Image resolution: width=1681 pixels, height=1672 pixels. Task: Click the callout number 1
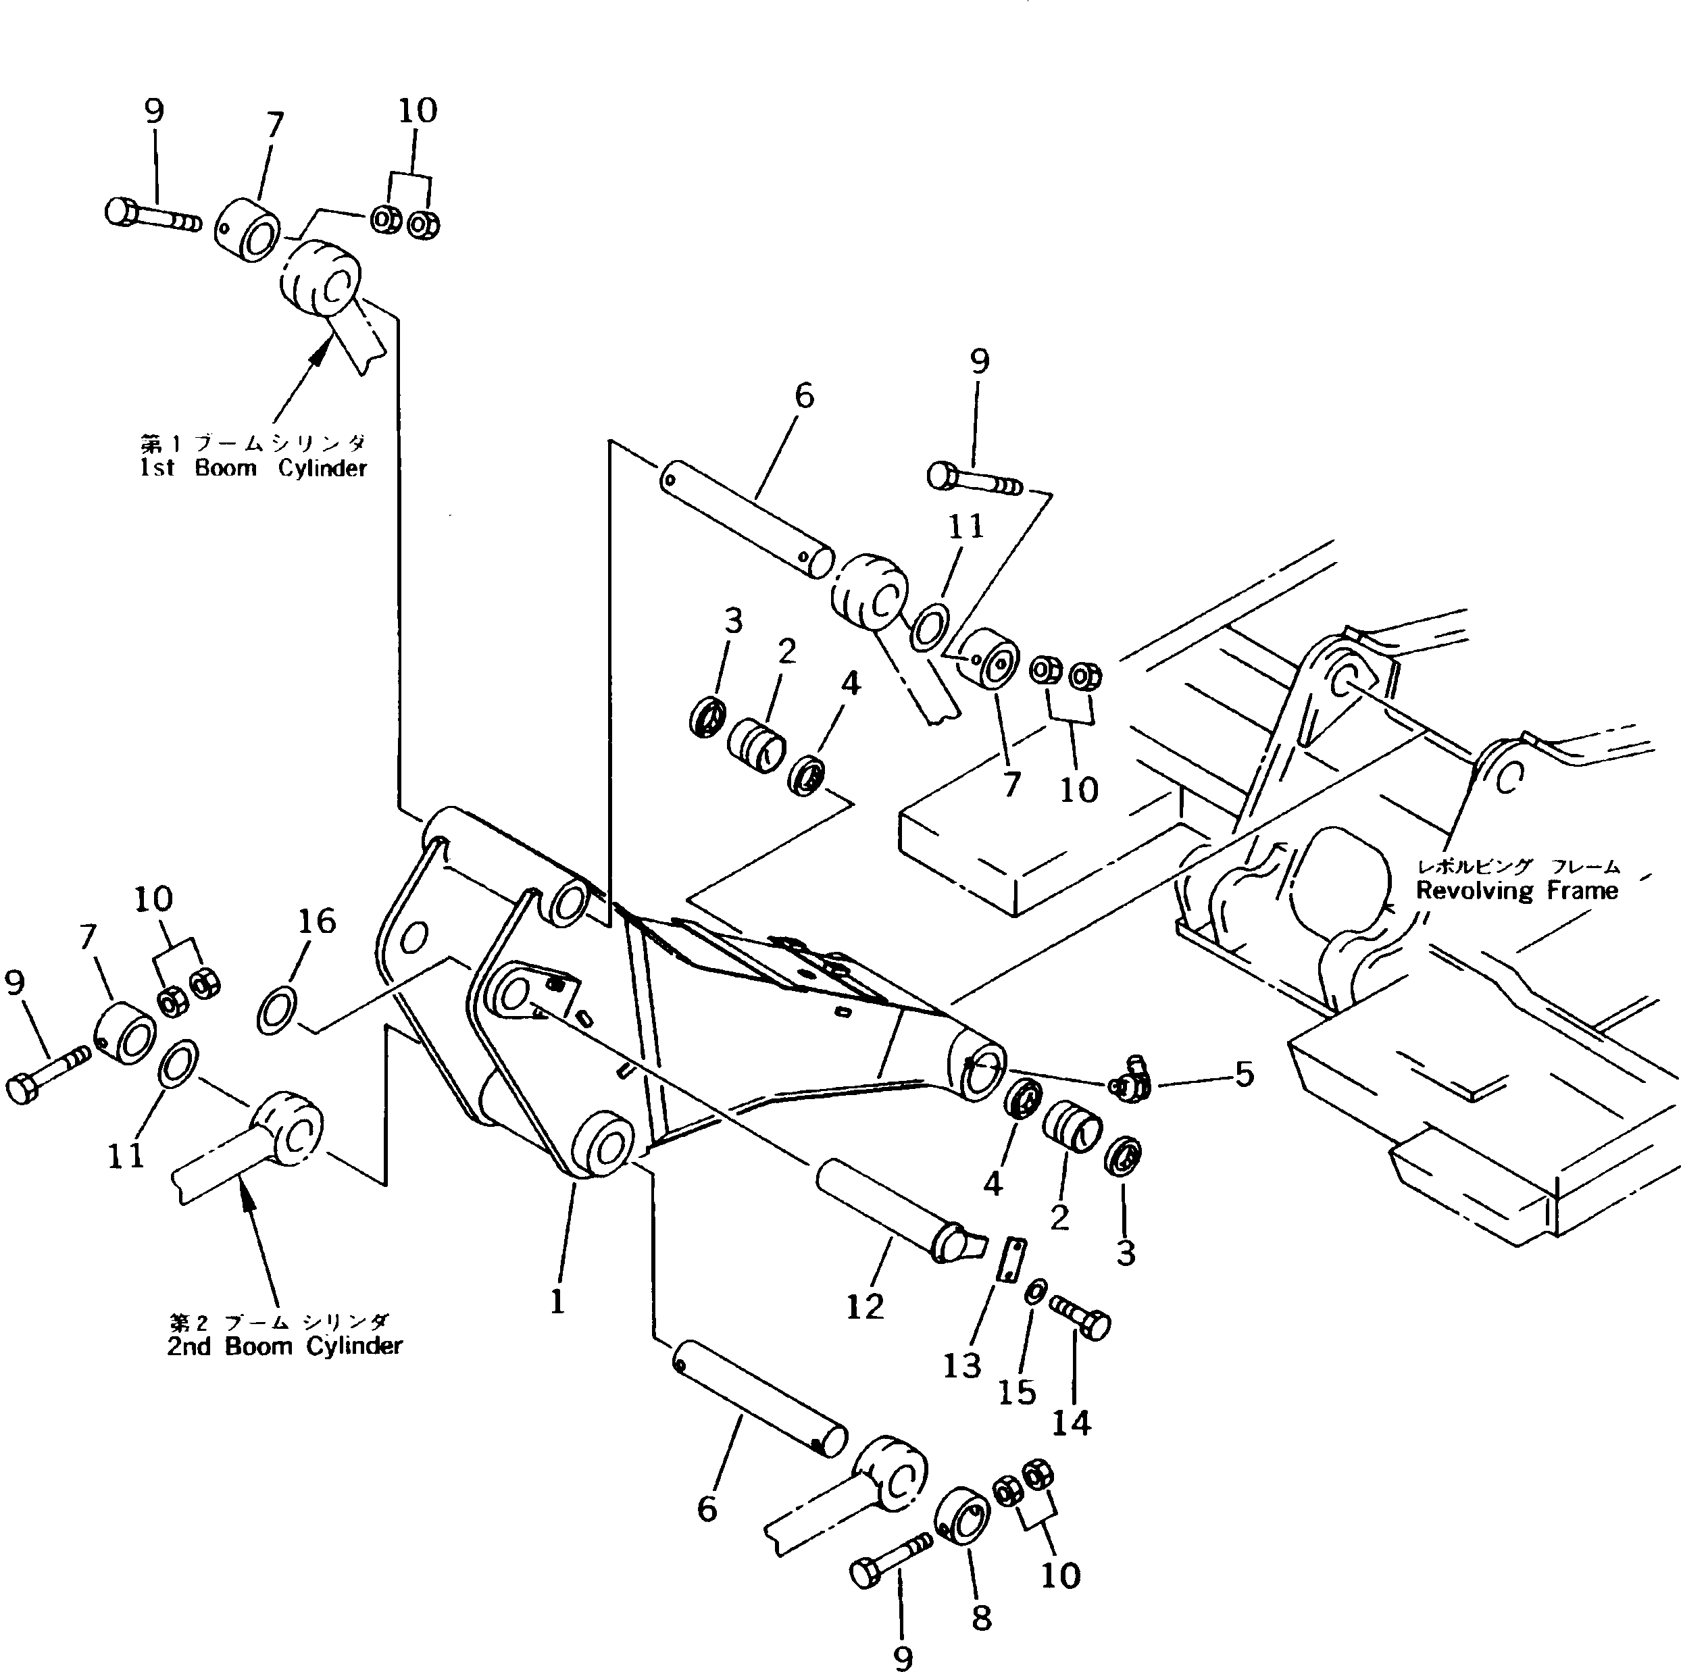tap(557, 1301)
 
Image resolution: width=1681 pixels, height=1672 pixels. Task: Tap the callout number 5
tap(1245, 1075)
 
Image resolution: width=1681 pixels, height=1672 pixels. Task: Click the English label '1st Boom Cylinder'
tap(253, 469)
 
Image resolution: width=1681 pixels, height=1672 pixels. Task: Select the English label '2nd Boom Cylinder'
tap(284, 1346)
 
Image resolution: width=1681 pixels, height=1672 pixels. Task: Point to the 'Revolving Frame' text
tap(1517, 891)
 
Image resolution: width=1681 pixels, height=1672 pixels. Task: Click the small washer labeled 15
tap(1035, 1293)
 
